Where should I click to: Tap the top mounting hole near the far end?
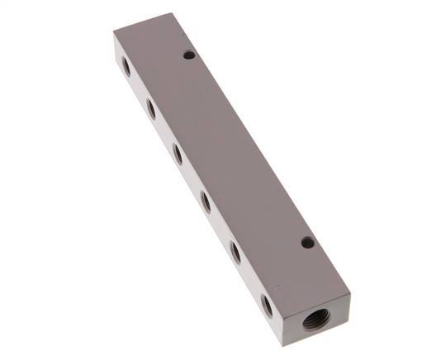(189, 55)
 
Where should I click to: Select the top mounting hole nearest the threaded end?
(307, 243)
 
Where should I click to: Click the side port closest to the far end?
(126, 67)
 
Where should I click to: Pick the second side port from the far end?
(151, 107)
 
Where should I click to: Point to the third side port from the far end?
(178, 152)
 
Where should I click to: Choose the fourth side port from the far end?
(206, 200)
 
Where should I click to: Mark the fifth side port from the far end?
(235, 251)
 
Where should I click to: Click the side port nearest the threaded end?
(268, 306)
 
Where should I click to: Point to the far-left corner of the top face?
(114, 34)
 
